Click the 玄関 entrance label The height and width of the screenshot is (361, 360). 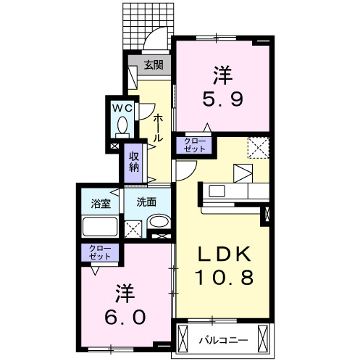click(152, 65)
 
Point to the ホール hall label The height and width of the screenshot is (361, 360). click(158, 128)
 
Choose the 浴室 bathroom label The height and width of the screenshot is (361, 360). click(101, 203)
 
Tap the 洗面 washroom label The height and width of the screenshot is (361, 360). click(147, 202)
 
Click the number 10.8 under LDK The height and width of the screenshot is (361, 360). click(225, 277)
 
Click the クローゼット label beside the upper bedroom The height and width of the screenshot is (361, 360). click(193, 144)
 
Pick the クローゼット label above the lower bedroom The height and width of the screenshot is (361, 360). click(101, 252)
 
